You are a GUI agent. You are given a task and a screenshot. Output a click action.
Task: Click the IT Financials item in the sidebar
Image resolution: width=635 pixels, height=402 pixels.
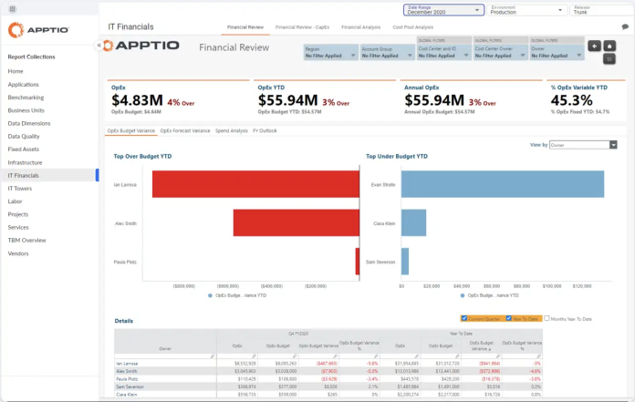[24, 175]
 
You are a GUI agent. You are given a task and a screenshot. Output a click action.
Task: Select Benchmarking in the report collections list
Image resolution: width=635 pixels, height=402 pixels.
[26, 97]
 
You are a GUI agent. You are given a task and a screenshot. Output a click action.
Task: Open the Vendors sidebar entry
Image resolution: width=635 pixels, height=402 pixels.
[18, 253]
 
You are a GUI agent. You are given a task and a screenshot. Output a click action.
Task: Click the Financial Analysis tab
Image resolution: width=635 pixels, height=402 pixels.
[360, 27]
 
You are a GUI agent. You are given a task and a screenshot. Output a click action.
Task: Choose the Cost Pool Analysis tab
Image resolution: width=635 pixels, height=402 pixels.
[412, 27]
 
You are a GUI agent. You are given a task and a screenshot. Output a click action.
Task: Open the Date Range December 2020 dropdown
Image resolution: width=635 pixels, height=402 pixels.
[443, 11]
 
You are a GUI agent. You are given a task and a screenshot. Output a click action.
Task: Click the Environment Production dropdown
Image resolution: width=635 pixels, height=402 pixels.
[526, 11]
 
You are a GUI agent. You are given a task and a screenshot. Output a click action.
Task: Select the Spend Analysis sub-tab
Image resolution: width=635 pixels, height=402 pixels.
[232, 130]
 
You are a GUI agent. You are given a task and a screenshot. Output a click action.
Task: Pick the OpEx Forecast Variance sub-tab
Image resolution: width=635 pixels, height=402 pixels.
[185, 130]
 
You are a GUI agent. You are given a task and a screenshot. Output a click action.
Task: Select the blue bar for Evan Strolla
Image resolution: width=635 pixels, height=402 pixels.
[503, 184]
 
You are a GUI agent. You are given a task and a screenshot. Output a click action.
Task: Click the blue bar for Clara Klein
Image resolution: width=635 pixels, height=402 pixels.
[414, 222]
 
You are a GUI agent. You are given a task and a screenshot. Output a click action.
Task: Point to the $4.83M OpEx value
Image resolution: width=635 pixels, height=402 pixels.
[136, 100]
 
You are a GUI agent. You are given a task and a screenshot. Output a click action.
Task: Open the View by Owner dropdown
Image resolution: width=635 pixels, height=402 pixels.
[584, 145]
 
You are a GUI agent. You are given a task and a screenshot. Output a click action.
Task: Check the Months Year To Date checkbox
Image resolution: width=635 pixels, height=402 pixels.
[546, 319]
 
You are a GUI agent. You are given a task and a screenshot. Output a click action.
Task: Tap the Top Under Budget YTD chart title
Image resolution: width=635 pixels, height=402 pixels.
[397, 156]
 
